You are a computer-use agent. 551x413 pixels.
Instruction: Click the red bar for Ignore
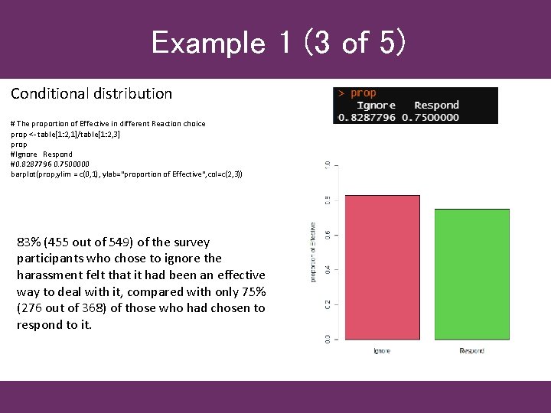[x=383, y=268]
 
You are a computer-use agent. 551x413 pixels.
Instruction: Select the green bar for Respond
[x=472, y=275]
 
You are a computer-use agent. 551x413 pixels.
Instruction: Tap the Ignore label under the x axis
[x=382, y=350]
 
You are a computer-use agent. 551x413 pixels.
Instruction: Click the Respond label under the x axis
[x=471, y=350]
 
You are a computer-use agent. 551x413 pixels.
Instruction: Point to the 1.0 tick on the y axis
[x=328, y=164]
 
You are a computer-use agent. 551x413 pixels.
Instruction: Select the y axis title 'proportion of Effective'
[x=313, y=252]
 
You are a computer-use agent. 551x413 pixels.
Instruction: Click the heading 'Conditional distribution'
[x=91, y=94]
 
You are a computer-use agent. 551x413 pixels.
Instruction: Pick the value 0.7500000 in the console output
[x=431, y=117]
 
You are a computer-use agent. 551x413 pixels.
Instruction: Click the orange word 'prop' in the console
[x=364, y=93]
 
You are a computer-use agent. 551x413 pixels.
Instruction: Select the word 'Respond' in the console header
[x=436, y=105]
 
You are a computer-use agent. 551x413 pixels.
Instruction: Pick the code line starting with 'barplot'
[x=126, y=174]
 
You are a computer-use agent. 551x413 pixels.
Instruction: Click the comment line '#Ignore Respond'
[x=41, y=154]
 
